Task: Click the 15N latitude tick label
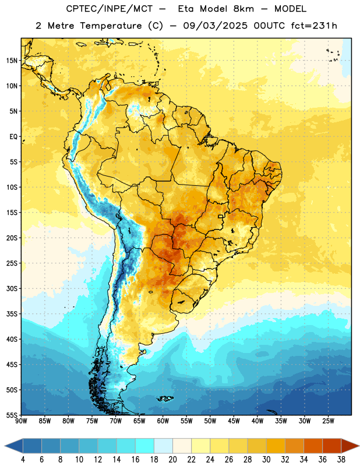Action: tap(12, 61)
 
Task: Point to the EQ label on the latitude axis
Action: tap(13, 137)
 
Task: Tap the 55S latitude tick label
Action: tap(12, 415)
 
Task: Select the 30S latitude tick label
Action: tap(12, 288)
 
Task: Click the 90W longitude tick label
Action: tap(21, 421)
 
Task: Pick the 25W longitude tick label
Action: tap(328, 421)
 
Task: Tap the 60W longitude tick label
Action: tap(163, 421)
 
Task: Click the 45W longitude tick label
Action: tap(234, 421)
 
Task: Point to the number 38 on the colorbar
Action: tap(341, 460)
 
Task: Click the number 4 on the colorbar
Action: tap(23, 460)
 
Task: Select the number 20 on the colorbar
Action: tap(172, 460)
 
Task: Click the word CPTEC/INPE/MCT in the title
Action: tap(109, 9)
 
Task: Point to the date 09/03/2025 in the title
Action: tap(215, 26)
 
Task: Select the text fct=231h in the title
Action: tap(314, 26)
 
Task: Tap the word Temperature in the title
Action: tap(111, 26)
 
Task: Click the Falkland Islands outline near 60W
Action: tap(165, 398)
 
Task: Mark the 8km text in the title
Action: tap(243, 9)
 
